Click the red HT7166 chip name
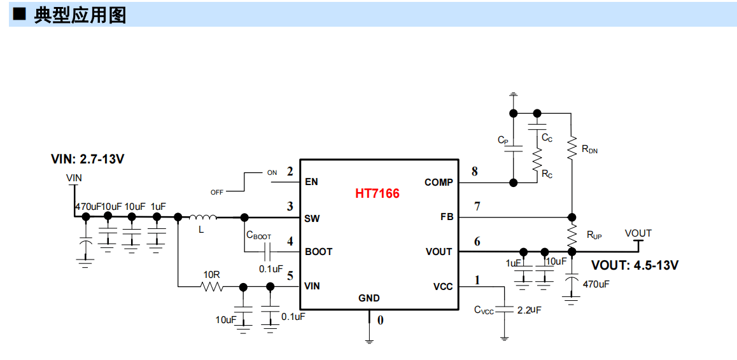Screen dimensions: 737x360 pos(377,193)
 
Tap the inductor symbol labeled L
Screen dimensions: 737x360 pos(202,217)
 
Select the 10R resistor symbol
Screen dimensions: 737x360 pos(212,286)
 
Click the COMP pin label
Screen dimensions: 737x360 pos(439,182)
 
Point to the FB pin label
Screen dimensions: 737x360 pos(447,218)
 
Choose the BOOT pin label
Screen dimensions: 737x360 pos(319,251)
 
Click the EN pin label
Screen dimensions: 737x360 pos(311,182)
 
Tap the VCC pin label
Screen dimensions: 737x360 pos(443,286)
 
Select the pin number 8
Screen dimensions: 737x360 pos(475,172)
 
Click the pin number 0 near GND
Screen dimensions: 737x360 pos(380,320)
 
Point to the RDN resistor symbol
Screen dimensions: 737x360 pos(572,148)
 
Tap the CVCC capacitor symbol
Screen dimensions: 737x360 pos(505,310)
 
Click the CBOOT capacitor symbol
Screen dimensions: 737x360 pos(267,251)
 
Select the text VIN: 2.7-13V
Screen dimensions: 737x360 pos(87,159)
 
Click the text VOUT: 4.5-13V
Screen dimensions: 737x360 pos(635,265)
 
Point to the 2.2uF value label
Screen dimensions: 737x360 pos(530,310)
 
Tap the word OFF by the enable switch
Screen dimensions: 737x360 pos(216,192)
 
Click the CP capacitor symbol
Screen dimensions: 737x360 pos(513,148)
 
